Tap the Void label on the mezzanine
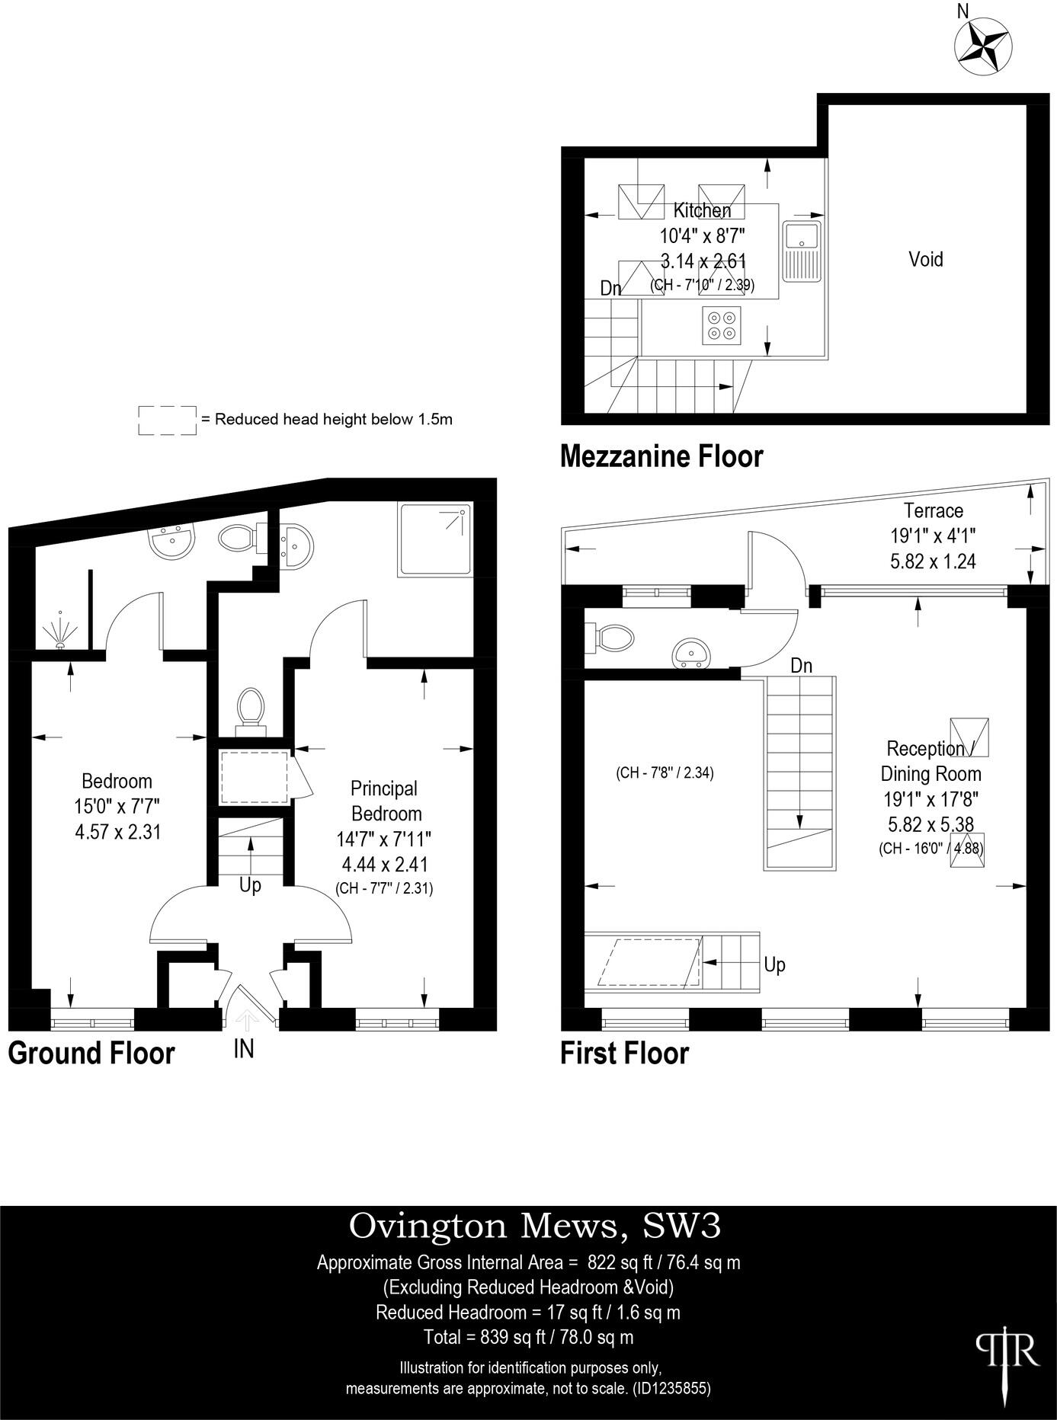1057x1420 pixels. tap(925, 259)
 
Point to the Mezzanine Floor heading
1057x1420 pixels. tap(661, 456)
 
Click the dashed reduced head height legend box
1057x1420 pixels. tap(167, 420)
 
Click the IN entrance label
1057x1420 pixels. tap(243, 1049)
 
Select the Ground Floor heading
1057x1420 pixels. tap(91, 1053)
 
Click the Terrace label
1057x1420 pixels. tap(933, 510)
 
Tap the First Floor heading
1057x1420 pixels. tap(624, 1053)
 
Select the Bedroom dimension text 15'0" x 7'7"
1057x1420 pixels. tap(117, 806)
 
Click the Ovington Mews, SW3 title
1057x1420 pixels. tap(534, 1226)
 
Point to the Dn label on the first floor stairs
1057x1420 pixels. tap(801, 666)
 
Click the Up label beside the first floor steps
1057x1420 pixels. tap(774, 964)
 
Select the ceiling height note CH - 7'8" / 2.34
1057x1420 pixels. tap(665, 772)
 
